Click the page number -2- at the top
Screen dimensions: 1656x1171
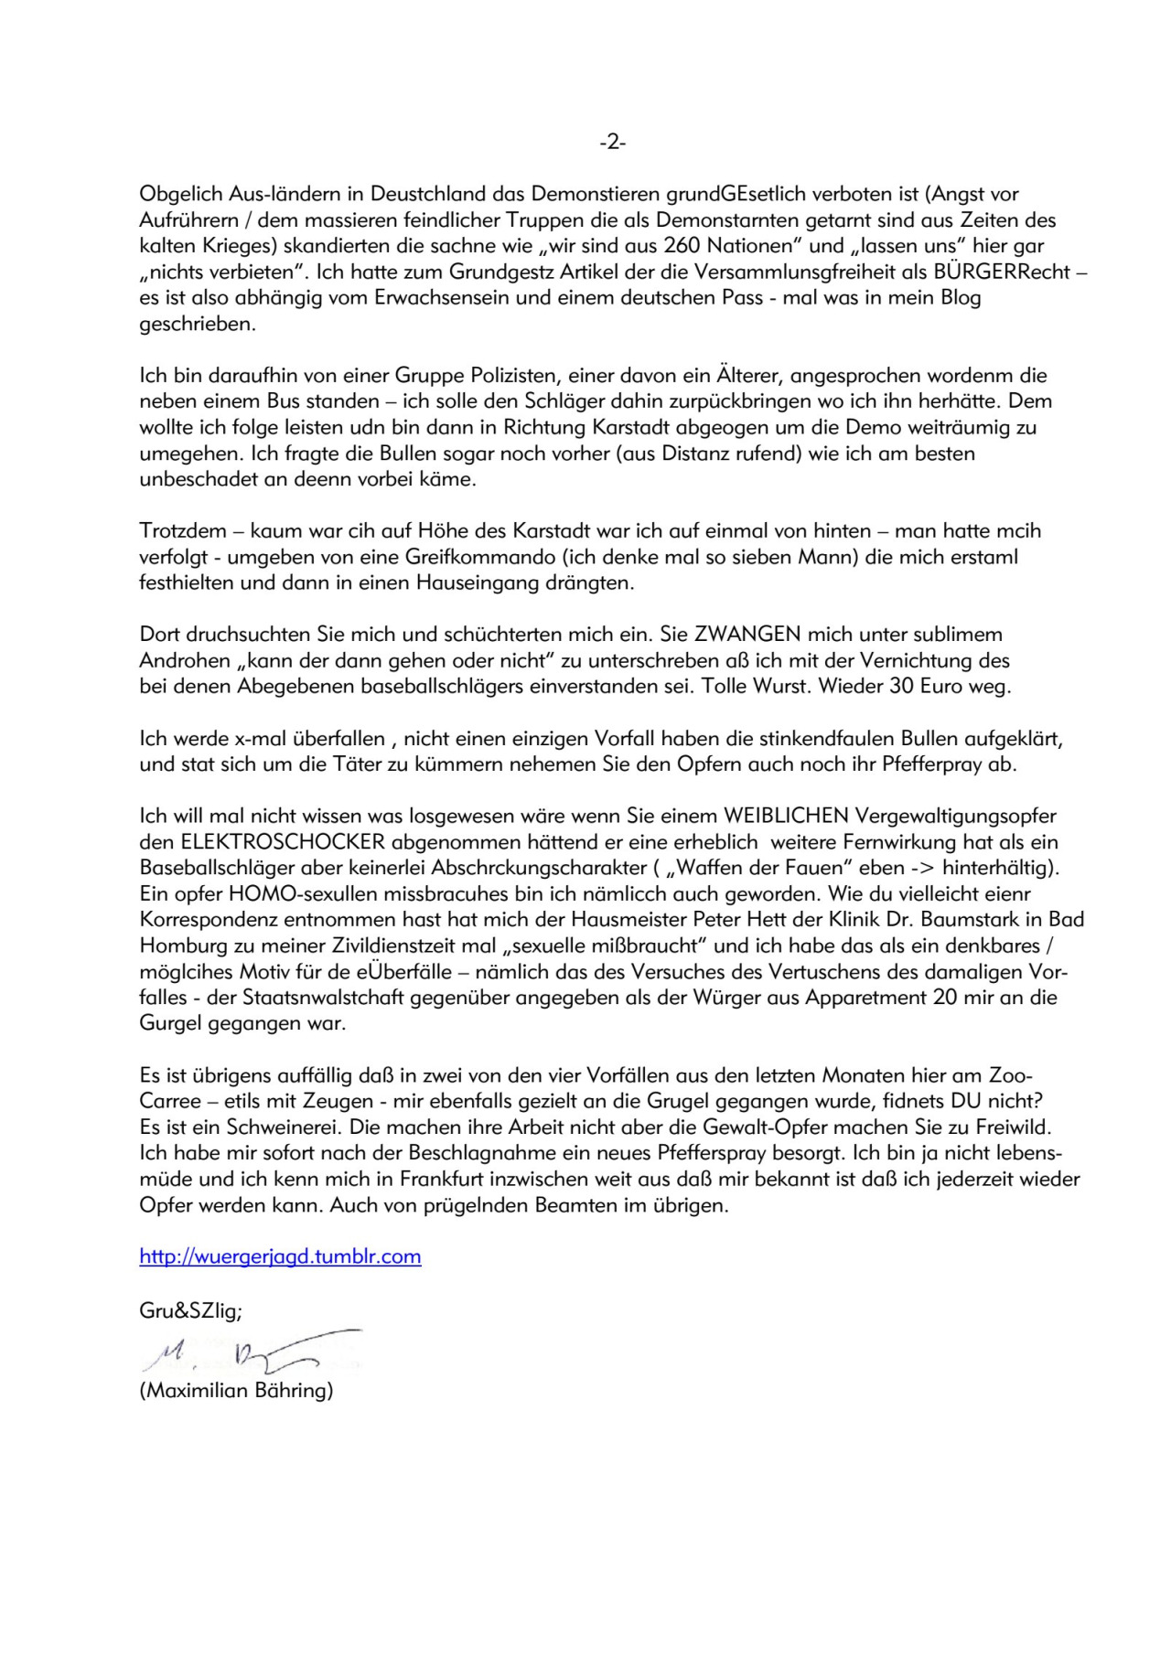(x=612, y=142)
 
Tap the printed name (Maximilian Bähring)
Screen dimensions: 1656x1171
(x=236, y=1392)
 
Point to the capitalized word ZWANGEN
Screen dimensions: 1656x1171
(x=747, y=634)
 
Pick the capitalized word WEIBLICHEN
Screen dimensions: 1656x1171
(x=785, y=815)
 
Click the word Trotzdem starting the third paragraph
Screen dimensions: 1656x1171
(x=182, y=530)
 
